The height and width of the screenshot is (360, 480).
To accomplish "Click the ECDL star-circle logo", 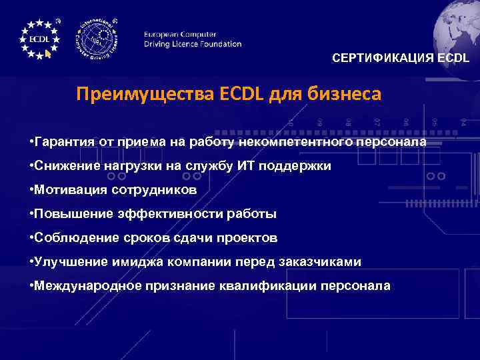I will point(39,38).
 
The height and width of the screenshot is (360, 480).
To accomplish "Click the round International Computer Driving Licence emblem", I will point(99,39).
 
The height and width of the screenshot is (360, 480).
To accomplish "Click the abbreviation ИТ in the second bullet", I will point(245,166).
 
